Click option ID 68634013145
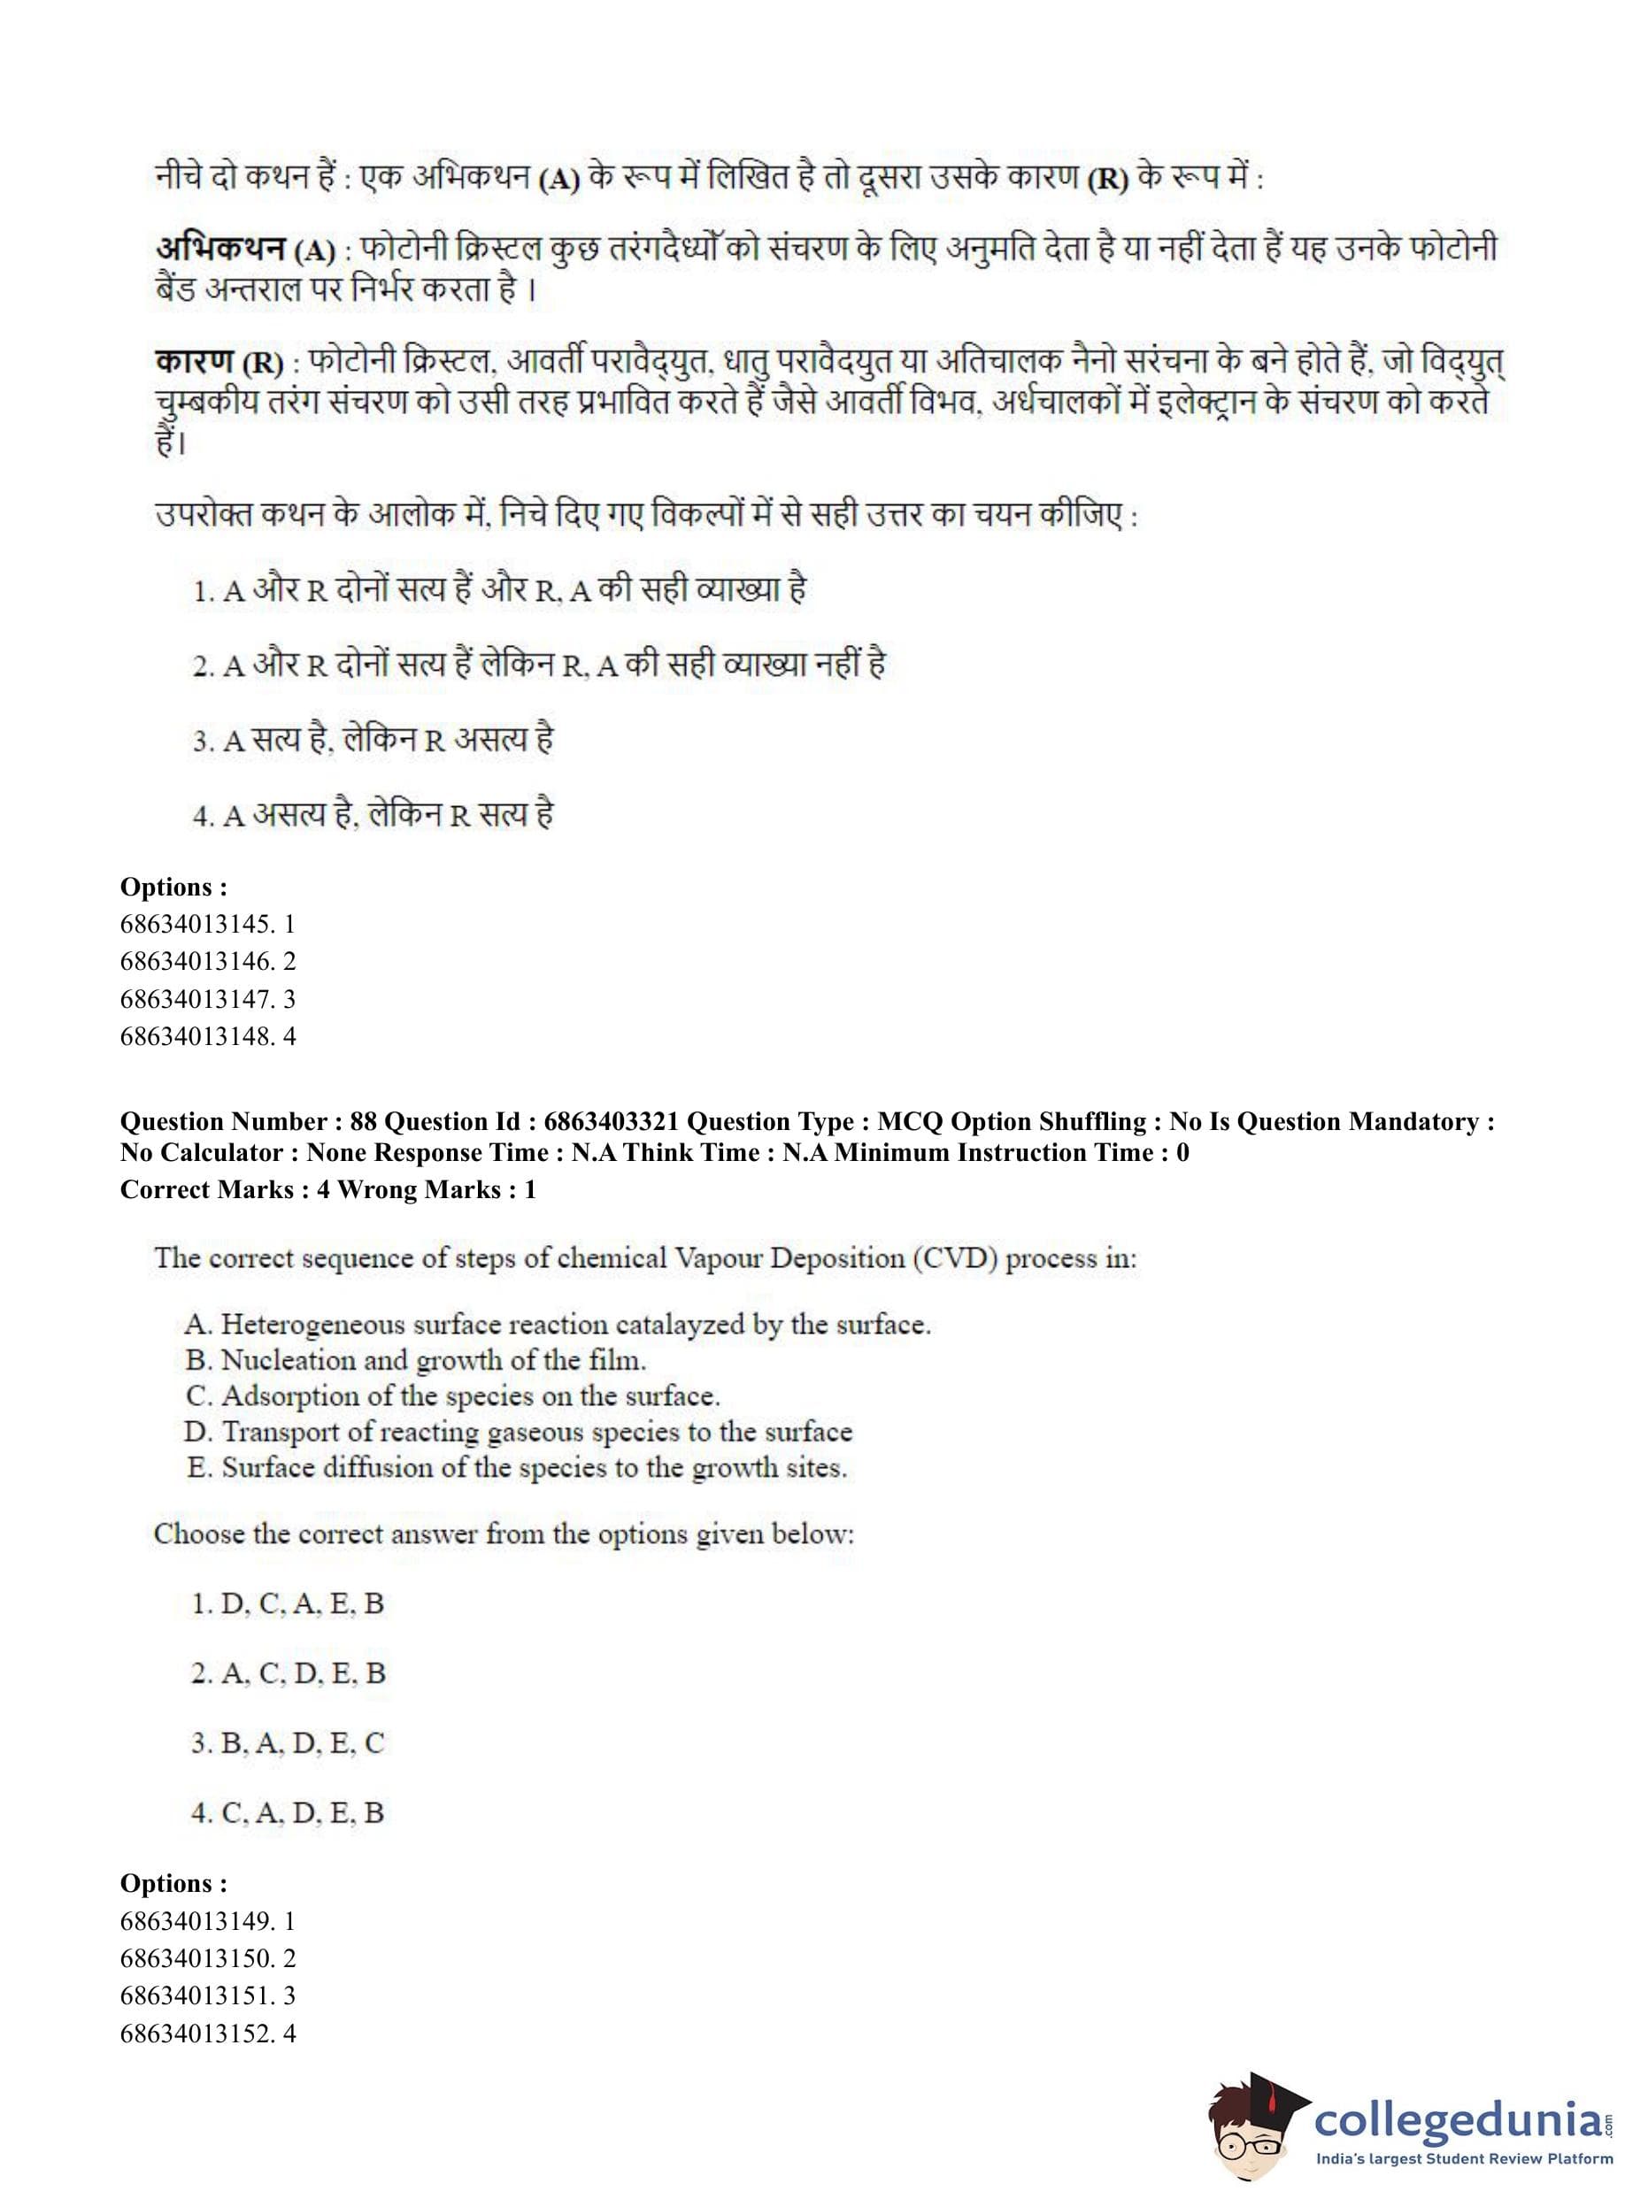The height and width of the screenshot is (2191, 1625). coord(206,925)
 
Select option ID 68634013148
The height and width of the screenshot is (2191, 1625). coord(206,1036)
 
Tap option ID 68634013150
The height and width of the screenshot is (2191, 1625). coord(206,1958)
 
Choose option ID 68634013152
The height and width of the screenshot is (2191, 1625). coord(206,2033)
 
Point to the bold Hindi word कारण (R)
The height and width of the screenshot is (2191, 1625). coord(219,362)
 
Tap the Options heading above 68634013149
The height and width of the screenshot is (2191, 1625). coord(173,1883)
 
